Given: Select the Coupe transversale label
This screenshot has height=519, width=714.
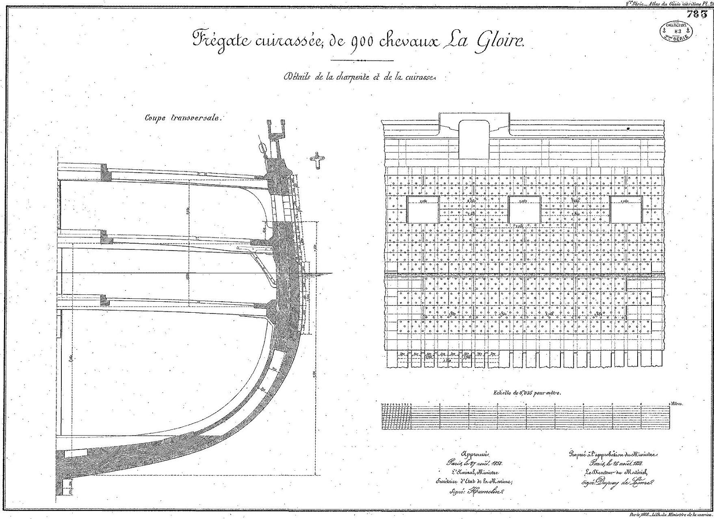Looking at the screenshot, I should point(184,118).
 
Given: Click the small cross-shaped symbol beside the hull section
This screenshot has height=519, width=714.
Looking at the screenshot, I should point(317,160).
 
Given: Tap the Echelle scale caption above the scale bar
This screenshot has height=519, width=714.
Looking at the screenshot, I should point(527,393).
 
